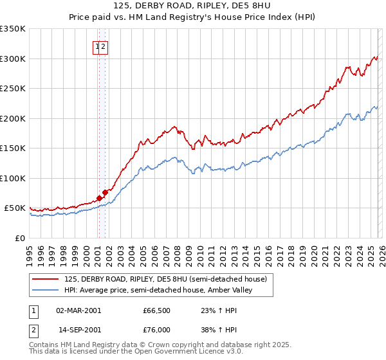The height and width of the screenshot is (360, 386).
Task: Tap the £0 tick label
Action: click(21, 238)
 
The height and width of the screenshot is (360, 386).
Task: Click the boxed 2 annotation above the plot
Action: click(103, 46)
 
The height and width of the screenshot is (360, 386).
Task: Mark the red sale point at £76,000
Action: click(105, 192)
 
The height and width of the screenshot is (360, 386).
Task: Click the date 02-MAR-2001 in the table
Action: click(78, 310)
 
